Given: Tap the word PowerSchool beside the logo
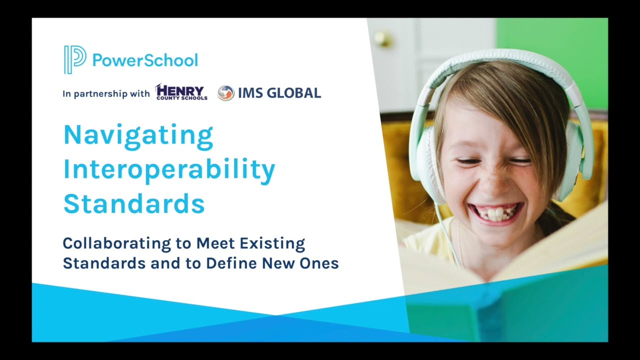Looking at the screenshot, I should pos(145,60).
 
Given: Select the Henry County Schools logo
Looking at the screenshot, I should pos(181,92).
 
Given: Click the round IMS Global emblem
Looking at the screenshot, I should pos(226,93).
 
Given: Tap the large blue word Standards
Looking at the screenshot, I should pos(134,204).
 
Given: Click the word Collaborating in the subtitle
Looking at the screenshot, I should pos(116,244).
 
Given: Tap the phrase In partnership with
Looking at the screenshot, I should pos(106,93).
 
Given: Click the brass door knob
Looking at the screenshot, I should pos(382,38).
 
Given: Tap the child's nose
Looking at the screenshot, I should pos(492,180).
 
